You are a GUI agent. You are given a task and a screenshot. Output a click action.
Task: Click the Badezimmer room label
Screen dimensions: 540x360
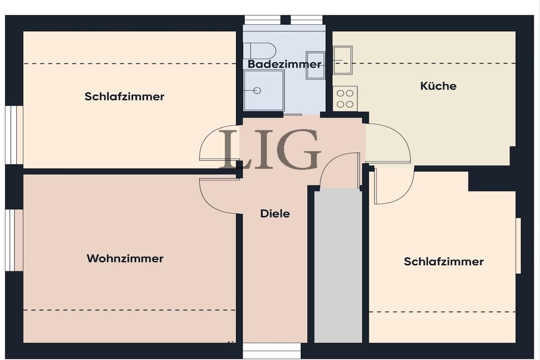point(284,64)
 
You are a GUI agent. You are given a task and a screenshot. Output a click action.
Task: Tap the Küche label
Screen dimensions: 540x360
point(438,86)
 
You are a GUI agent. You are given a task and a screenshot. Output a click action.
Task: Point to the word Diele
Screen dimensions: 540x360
point(275,213)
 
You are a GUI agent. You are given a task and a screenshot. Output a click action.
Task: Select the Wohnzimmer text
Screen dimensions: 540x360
point(125,258)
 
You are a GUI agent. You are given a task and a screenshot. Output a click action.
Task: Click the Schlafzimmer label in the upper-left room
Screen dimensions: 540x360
point(124,96)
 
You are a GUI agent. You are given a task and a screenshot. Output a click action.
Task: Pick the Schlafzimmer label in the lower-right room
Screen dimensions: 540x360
point(443,261)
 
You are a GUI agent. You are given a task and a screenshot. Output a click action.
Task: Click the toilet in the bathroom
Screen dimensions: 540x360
point(259,51)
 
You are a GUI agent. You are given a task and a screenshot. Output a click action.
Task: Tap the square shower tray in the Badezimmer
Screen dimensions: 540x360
point(264,91)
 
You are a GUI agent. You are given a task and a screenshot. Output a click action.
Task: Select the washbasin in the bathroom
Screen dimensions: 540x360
point(315,65)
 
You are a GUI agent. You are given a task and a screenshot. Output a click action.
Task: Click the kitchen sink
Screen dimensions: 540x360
point(343,60)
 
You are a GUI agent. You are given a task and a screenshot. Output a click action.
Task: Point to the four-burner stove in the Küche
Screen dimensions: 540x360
point(345,99)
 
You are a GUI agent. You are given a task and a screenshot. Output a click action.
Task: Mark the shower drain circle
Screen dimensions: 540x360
point(257,91)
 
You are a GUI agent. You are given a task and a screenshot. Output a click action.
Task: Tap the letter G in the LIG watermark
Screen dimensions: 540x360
point(300,149)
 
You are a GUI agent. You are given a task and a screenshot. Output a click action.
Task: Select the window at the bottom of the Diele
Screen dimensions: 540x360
point(272,351)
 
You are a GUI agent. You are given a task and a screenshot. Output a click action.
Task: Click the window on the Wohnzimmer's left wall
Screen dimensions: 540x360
point(14,240)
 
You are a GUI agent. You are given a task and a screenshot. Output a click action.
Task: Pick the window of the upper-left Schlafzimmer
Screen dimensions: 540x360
point(14,135)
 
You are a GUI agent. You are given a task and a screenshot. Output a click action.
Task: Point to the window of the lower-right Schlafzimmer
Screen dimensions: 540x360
point(518,246)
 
